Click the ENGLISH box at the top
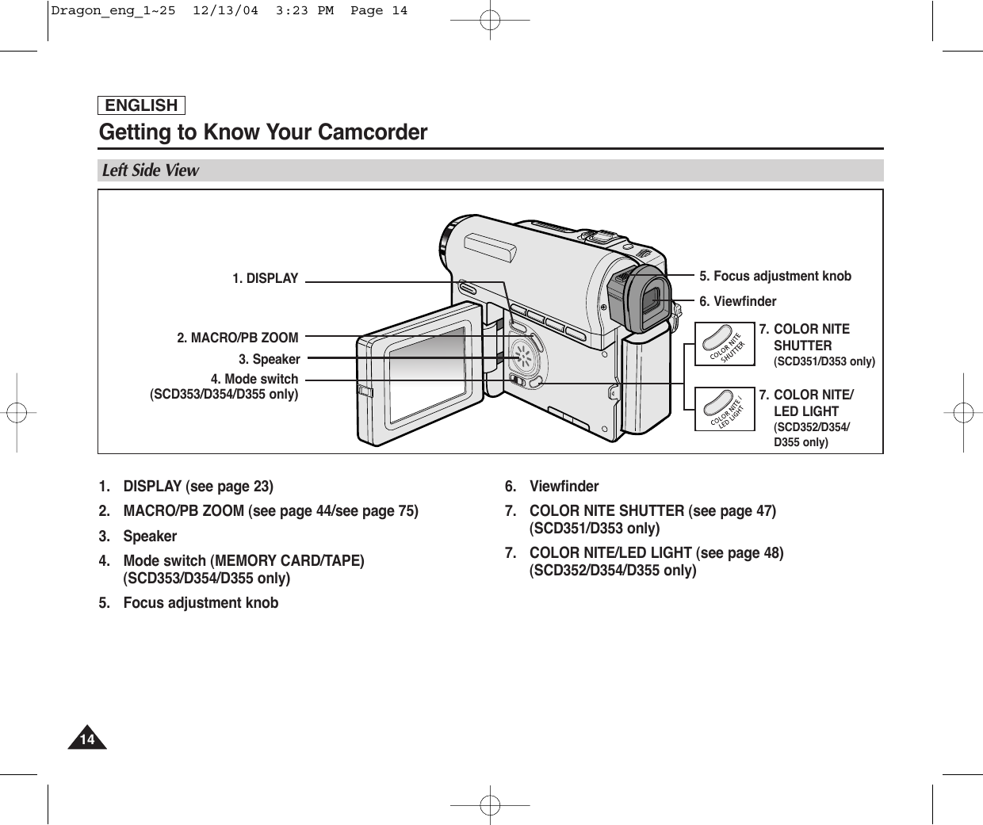(x=141, y=105)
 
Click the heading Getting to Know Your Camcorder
(x=262, y=132)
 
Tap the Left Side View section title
(x=151, y=170)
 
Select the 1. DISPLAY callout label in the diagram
(x=265, y=279)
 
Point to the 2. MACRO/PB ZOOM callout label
(x=237, y=338)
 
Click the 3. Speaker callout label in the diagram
(x=269, y=360)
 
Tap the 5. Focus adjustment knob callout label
(x=775, y=276)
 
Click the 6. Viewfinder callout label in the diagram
(x=737, y=301)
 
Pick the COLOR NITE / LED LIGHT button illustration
(x=724, y=410)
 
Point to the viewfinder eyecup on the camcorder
(x=647, y=299)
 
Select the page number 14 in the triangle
(x=87, y=740)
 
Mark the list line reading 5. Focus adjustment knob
(x=189, y=602)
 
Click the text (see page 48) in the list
(x=739, y=552)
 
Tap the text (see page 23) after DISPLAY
(x=229, y=486)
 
